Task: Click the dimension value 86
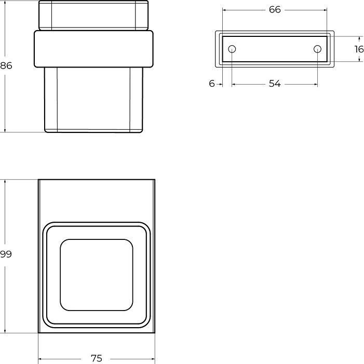tap(6, 66)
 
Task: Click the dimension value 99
tap(6, 254)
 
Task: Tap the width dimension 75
tap(97, 358)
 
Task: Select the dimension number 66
tap(275, 10)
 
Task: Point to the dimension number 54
tap(275, 84)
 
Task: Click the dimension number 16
tap(359, 49)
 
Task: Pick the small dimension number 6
tap(212, 84)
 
